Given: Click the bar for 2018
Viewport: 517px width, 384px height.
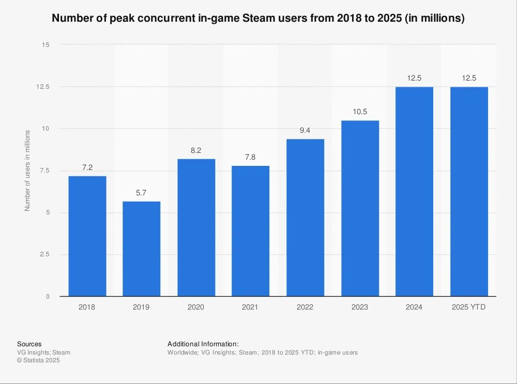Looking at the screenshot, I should click(87, 236).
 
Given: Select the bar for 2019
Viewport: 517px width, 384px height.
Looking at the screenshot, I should click(141, 249).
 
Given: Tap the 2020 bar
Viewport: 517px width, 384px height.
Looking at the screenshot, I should click(196, 227).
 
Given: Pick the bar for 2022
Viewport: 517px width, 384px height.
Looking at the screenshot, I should click(305, 218).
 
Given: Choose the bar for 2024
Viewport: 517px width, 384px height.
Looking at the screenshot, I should click(414, 191).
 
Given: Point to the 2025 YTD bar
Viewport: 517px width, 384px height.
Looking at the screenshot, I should click(469, 191).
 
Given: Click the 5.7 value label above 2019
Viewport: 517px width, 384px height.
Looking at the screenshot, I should click(141, 193).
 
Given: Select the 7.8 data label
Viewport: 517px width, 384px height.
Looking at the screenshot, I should click(250, 157).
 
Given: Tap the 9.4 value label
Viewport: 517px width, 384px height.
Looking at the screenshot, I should click(305, 130).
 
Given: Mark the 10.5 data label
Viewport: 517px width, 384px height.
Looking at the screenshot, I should click(360, 112).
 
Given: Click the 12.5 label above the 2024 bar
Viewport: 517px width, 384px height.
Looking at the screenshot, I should click(414, 78).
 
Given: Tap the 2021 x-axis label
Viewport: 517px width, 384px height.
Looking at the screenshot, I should click(250, 307).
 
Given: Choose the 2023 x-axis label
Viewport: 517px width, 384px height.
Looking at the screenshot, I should click(360, 307).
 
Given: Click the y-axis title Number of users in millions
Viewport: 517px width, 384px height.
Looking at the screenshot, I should click(28, 171).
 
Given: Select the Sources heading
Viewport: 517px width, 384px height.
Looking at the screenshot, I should click(29, 344).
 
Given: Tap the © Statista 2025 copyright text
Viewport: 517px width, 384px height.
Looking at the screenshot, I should click(38, 361).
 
